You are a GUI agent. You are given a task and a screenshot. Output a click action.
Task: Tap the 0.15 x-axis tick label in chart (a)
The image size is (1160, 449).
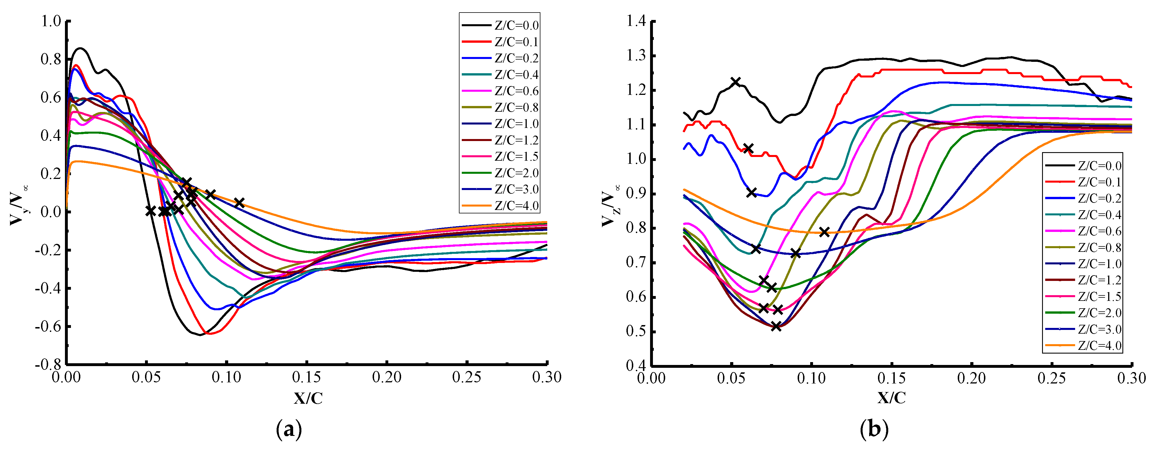(307, 377)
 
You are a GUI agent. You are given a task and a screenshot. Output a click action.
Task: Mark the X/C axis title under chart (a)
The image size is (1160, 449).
(308, 398)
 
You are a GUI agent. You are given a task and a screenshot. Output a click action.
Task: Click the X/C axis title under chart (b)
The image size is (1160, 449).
(891, 398)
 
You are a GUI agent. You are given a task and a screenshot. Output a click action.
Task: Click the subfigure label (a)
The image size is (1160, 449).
(288, 430)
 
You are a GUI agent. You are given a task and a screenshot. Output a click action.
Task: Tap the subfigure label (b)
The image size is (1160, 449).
(874, 430)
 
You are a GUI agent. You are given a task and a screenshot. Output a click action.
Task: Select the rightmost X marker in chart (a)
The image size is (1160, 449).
(239, 203)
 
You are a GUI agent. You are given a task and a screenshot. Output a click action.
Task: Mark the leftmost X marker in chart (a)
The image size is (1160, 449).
(150, 211)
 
